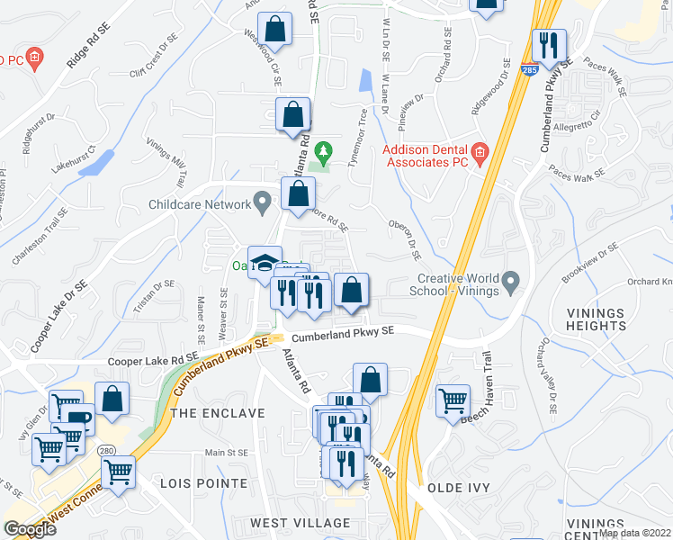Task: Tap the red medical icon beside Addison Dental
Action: point(480,152)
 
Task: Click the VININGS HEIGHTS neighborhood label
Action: point(596,319)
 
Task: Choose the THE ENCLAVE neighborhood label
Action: point(218,413)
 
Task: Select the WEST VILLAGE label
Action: point(300,523)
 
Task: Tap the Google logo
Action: point(29,529)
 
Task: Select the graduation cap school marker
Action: point(265,262)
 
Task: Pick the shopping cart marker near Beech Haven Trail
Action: point(453,400)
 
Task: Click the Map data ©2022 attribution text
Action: point(634,533)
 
